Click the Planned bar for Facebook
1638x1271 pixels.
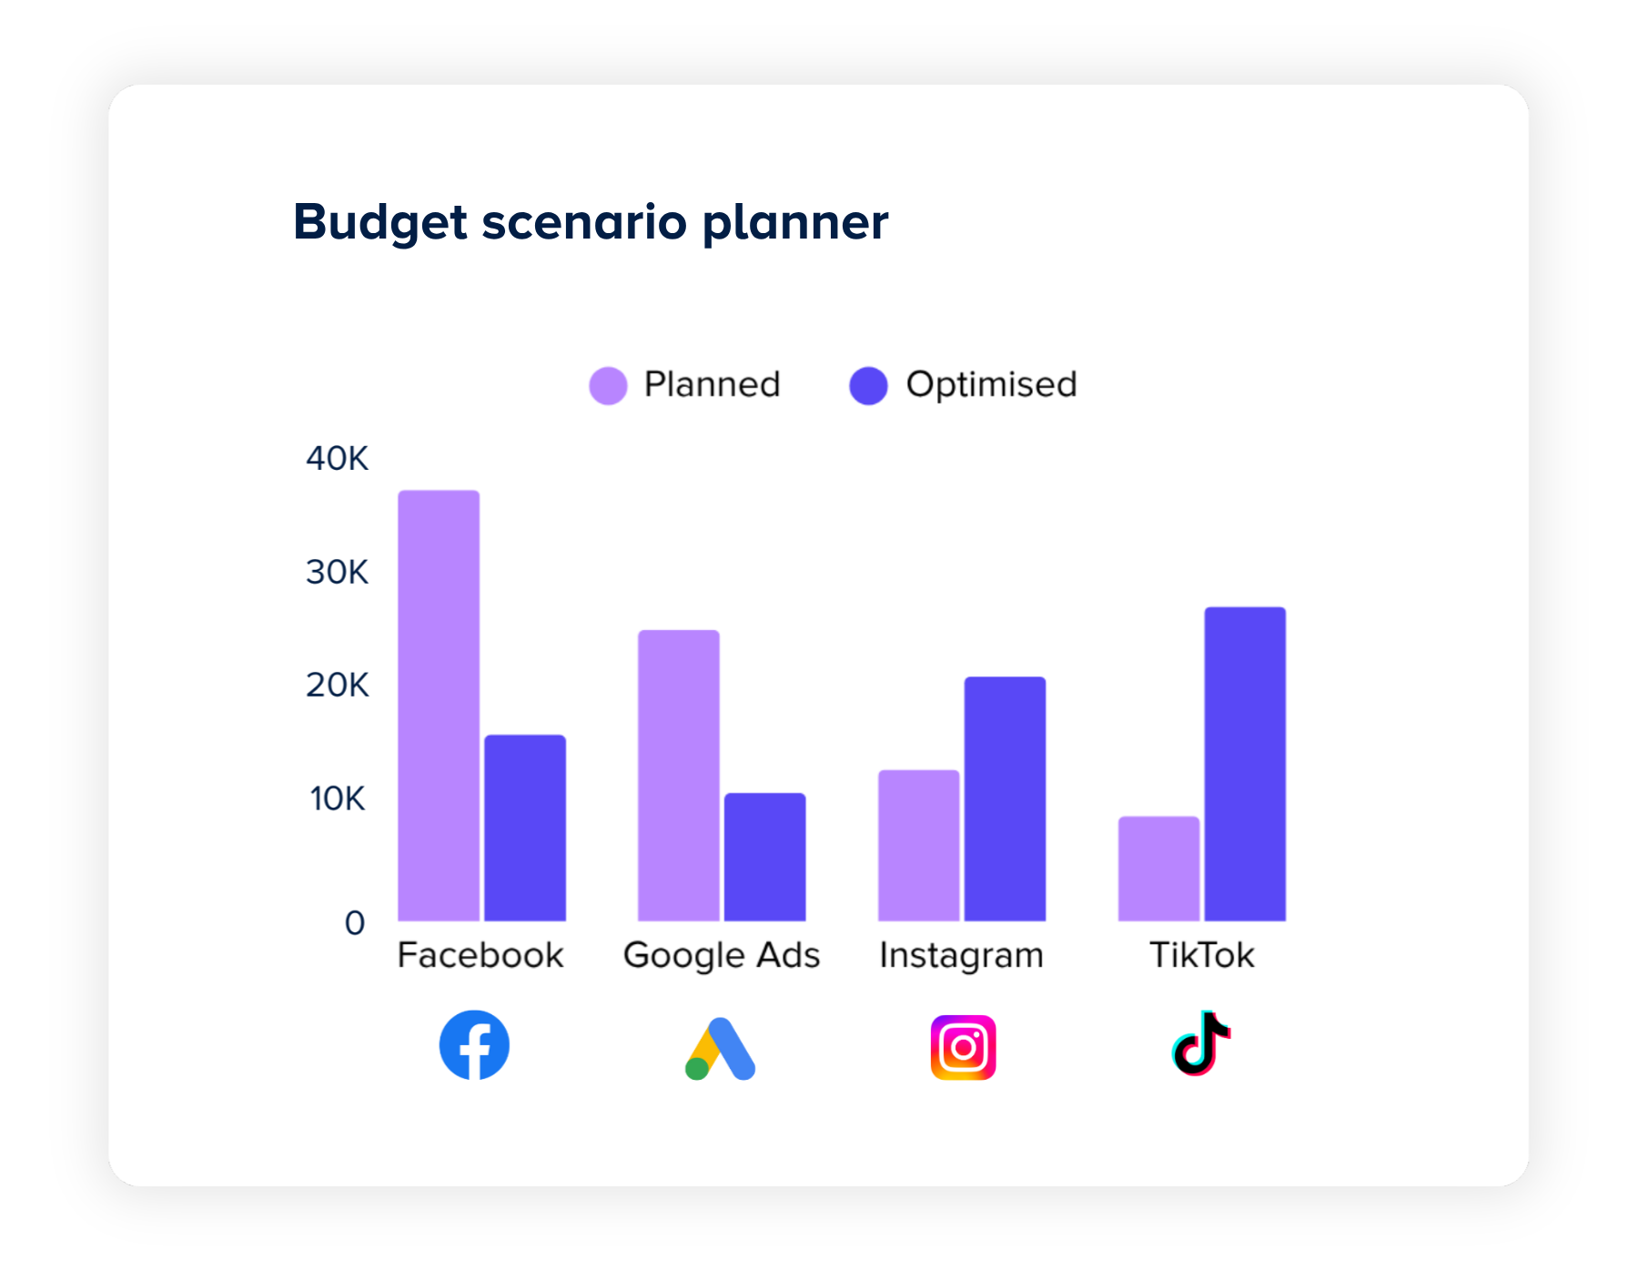(x=439, y=706)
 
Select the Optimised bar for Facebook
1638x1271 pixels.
(x=525, y=828)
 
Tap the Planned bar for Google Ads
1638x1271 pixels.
(x=679, y=775)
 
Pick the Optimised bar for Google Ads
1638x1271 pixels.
(x=765, y=857)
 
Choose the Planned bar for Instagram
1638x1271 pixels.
(x=919, y=845)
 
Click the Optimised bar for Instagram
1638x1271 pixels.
(x=1006, y=798)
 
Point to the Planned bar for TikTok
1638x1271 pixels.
(x=1159, y=869)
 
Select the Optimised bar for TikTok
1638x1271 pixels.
(x=1246, y=764)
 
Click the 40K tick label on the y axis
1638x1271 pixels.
(x=337, y=458)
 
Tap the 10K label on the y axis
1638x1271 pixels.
(x=337, y=798)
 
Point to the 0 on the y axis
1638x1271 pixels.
(x=354, y=923)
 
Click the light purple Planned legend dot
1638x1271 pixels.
(x=608, y=385)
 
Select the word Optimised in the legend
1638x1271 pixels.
(x=991, y=384)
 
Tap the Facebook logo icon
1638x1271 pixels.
(x=474, y=1045)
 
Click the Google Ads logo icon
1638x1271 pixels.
(x=720, y=1049)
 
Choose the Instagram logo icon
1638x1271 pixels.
(x=963, y=1048)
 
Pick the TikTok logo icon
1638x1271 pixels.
(x=1201, y=1043)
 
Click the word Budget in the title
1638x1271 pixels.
(x=380, y=221)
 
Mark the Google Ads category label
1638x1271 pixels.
(x=722, y=955)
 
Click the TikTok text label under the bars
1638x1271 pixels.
(x=1201, y=955)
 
